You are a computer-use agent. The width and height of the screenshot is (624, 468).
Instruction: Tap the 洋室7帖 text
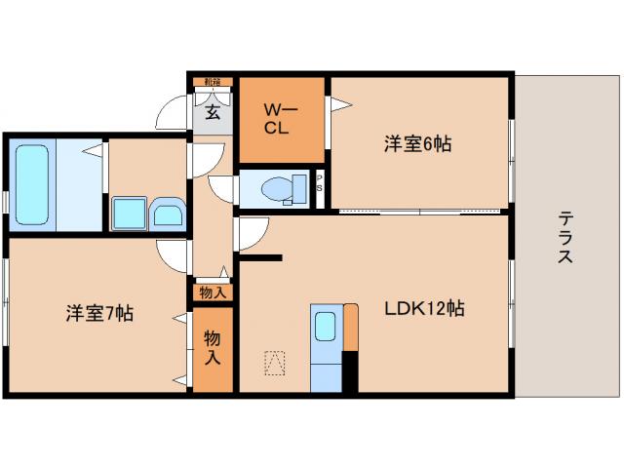pos(99,314)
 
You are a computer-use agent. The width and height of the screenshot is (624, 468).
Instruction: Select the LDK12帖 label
pos(422,309)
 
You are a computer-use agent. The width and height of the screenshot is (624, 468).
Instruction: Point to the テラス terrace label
pos(565,238)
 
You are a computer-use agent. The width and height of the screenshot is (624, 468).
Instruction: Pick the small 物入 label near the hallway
pos(212,292)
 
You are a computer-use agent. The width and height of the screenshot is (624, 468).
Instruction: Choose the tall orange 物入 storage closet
pos(212,348)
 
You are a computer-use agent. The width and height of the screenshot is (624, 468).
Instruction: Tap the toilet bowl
pos(279,187)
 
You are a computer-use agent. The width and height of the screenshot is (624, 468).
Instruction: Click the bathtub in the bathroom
pos(32,184)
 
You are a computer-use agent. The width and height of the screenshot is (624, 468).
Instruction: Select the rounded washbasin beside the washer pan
pos(169,214)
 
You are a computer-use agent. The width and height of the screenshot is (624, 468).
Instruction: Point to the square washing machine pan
pos(129,214)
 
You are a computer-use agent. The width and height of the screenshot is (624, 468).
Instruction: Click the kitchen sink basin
pos(325,326)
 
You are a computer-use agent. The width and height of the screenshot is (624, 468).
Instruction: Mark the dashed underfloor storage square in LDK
pos(276,363)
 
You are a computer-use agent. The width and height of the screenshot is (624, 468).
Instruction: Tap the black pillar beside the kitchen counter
pos(350,370)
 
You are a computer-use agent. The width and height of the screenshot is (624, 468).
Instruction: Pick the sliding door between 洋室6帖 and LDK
pos(419,211)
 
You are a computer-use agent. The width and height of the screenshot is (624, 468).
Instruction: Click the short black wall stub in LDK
pos(261,257)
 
